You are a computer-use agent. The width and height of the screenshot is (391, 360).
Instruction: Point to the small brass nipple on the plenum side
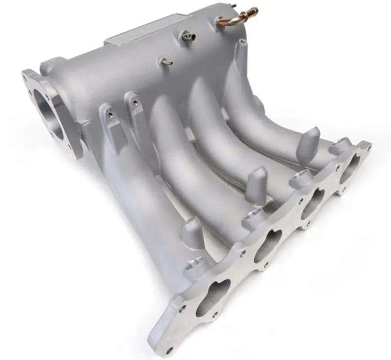(167, 62)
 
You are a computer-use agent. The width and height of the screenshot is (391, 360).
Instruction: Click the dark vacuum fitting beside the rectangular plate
(188, 35)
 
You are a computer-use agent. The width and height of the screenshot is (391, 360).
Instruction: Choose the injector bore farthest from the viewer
(337, 147)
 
